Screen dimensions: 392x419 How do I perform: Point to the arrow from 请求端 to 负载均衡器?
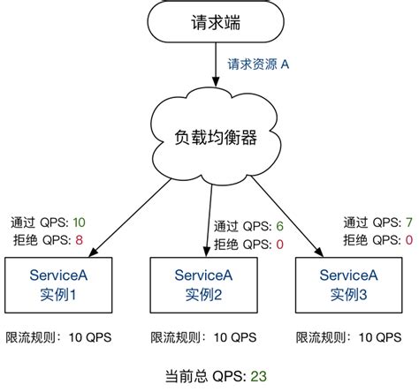pyautogui.click(x=213, y=67)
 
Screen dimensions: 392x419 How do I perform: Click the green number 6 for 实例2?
pyautogui.click(x=279, y=227)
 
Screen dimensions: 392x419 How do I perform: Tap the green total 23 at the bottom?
pyautogui.click(x=258, y=375)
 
